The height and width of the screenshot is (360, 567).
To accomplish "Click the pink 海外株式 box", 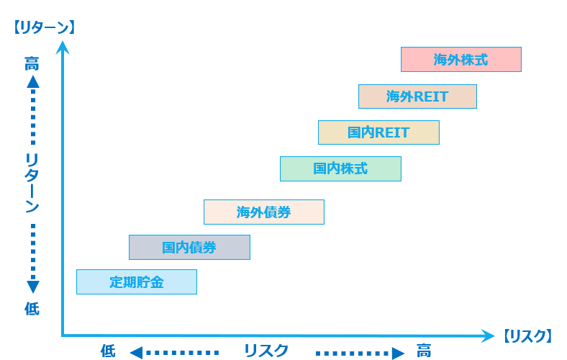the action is tap(461, 59).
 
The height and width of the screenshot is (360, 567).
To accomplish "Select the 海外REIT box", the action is tap(417, 96).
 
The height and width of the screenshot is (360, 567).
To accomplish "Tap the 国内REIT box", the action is tap(378, 132).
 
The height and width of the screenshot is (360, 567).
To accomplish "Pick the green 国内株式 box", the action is tap(340, 168).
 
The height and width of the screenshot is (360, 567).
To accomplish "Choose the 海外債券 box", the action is tap(264, 212).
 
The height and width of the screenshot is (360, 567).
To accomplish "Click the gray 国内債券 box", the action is tap(189, 248).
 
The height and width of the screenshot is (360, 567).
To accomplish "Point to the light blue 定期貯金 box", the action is tap(137, 282).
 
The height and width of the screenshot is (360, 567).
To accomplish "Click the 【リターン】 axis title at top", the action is tap(44, 27).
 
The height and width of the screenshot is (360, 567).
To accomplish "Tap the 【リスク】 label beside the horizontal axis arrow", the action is tap(527, 336).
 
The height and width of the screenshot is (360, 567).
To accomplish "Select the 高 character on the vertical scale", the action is tap(32, 64).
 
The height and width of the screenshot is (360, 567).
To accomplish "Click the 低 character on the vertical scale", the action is tap(32, 309).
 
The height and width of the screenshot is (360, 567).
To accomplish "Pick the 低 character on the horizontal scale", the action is tap(108, 351).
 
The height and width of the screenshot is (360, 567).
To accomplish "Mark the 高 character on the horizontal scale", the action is tap(423, 351).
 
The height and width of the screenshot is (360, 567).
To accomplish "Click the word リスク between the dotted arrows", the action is tap(266, 351).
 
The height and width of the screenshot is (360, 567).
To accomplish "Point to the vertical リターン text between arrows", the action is tap(32, 183).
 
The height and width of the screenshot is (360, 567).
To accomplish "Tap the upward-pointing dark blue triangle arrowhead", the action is tap(33, 82).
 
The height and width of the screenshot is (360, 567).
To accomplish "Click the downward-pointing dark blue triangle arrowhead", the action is tap(33, 287).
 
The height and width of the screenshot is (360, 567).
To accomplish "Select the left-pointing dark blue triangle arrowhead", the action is tap(136, 353).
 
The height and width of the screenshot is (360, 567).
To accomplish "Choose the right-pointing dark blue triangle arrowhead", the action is tap(398, 353).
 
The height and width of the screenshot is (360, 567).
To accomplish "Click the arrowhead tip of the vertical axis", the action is tap(63, 41).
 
